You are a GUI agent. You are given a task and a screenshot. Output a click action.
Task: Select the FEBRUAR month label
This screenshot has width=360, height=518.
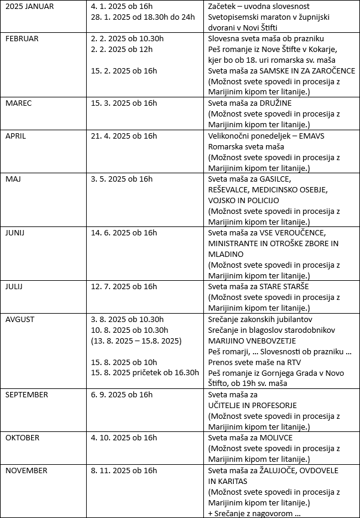coord(22,39)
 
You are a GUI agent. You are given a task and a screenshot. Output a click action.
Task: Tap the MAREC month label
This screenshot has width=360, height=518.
coord(19,103)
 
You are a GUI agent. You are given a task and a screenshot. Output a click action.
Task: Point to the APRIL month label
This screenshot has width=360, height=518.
coord(17,136)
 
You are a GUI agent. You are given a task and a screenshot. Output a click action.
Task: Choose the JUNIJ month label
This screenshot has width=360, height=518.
coord(17,232)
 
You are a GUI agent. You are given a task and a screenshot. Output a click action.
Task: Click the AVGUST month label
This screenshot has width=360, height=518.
coord(22,319)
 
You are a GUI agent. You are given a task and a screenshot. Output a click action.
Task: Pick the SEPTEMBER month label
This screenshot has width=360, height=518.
coord(26,394)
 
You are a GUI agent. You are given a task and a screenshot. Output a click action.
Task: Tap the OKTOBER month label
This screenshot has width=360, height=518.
coord(23,437)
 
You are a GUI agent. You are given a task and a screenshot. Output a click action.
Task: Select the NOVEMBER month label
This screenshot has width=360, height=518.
coord(26,470)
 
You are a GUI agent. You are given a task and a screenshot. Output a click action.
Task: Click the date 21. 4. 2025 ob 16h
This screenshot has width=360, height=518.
coord(124,136)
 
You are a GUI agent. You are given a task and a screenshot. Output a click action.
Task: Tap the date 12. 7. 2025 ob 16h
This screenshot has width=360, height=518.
coord(124,287)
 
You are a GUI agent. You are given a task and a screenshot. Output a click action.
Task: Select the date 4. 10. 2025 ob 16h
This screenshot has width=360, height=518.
coord(124,437)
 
